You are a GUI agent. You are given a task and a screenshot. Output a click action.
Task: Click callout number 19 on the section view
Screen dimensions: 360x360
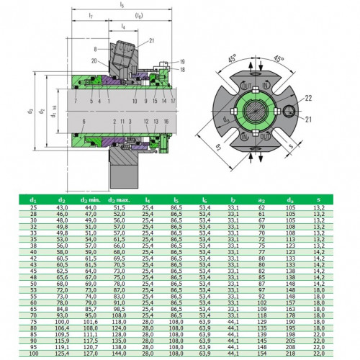tap(182, 61)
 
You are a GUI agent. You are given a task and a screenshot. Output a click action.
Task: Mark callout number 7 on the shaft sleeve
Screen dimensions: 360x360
tap(75, 102)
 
